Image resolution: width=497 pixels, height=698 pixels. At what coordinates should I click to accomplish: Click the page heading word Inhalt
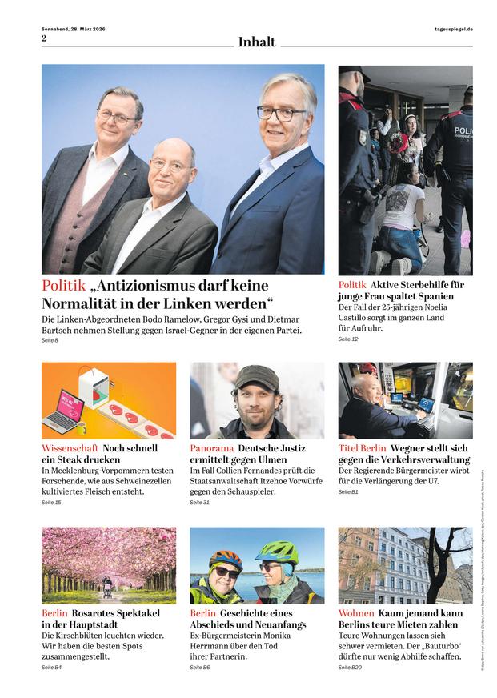pos(256,42)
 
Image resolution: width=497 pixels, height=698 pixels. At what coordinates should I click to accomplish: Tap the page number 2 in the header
pos(44,38)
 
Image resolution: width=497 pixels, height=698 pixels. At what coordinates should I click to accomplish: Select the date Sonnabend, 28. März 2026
pos(74,29)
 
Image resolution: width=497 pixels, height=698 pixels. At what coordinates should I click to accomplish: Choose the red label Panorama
pos(212,448)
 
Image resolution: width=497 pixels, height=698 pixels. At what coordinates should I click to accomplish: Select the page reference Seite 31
pos(199,503)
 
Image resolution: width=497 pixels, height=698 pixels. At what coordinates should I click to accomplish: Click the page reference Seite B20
pos(350,667)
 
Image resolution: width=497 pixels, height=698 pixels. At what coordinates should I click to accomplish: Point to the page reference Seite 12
pos(348,339)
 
